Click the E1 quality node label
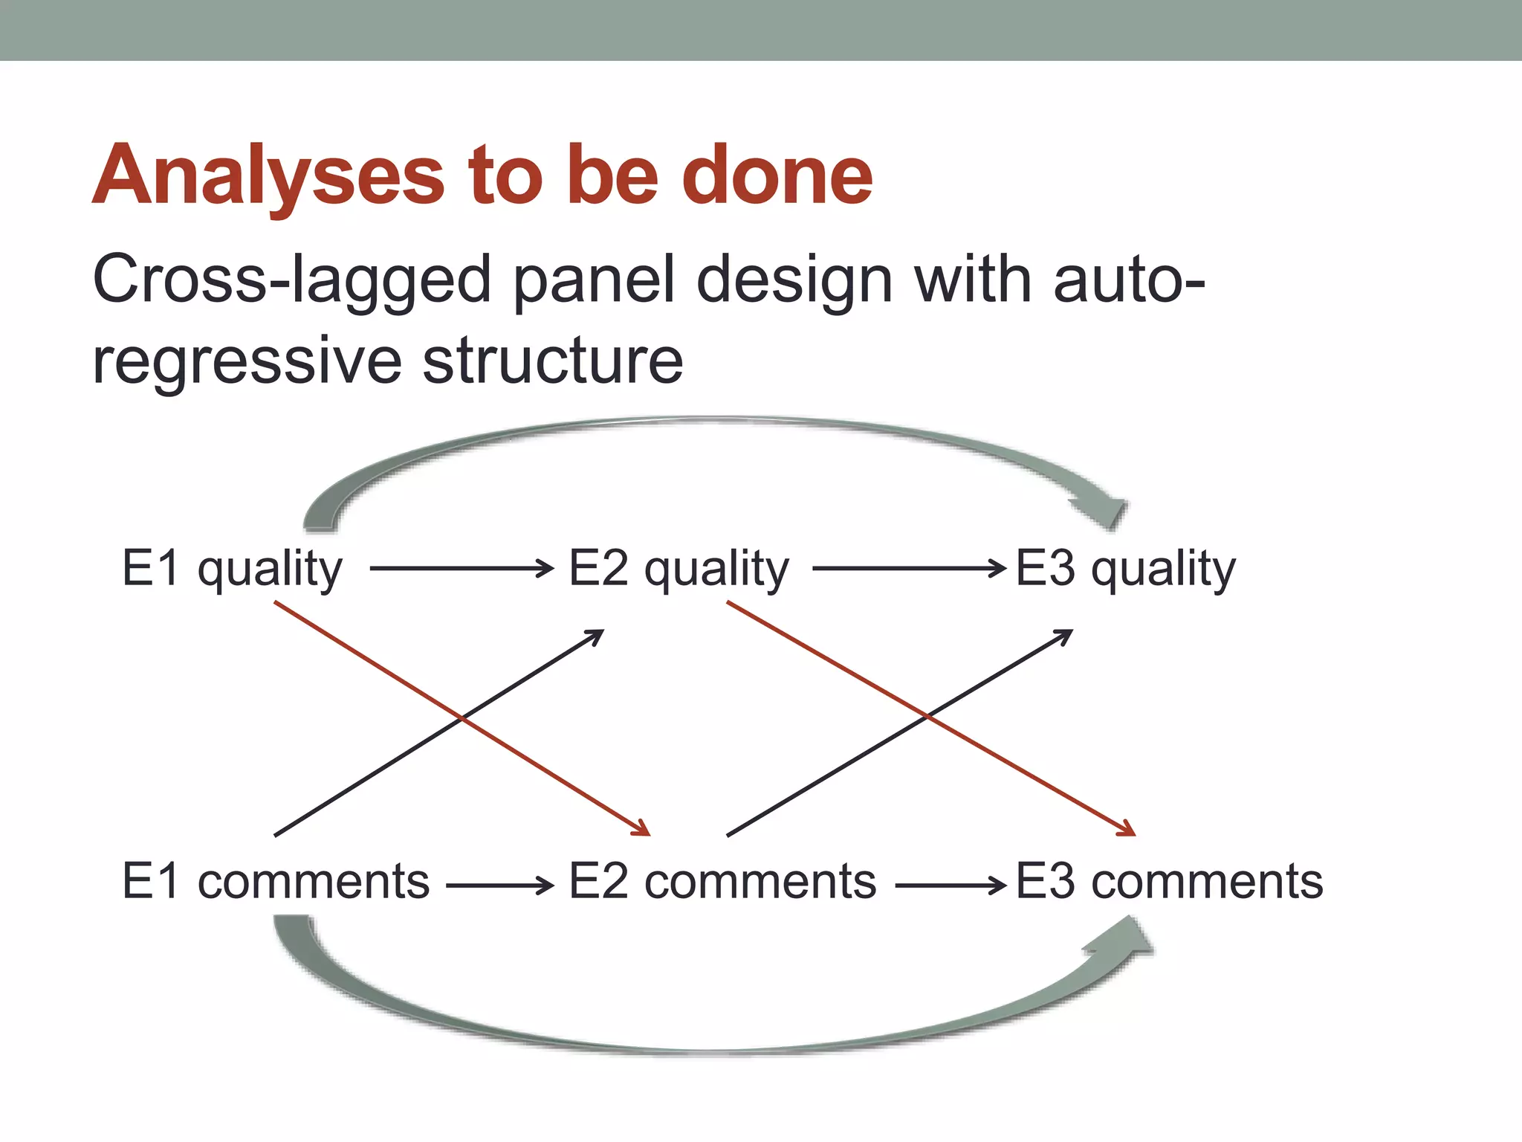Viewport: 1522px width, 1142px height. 232,569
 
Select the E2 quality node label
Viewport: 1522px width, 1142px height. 679,569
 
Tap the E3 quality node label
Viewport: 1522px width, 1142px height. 1125,569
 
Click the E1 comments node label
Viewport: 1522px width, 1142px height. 276,882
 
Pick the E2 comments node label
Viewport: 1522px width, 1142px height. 722,882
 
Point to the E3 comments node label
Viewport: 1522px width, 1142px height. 1169,882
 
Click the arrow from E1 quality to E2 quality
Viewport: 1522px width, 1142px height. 461,569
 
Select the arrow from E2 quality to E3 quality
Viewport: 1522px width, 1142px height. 908,569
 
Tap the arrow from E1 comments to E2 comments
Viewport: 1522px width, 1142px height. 499,885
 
